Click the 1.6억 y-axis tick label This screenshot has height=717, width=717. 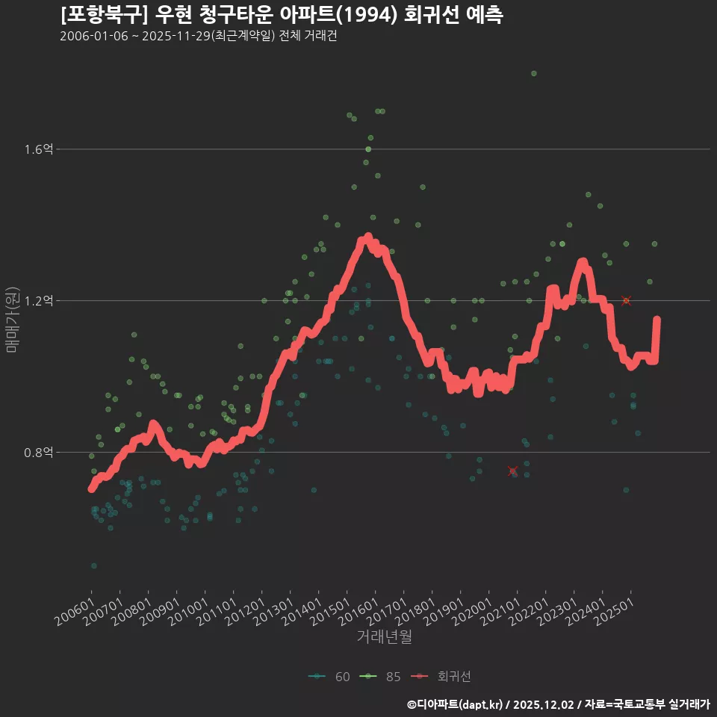(x=38, y=149)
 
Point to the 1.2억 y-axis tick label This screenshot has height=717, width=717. (x=38, y=301)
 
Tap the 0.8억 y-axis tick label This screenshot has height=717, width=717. (x=38, y=453)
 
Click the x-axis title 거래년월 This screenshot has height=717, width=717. (x=385, y=636)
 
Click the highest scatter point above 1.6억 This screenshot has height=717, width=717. (x=533, y=73)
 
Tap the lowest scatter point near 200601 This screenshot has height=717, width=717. (x=93, y=565)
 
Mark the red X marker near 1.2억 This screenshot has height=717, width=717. (x=626, y=300)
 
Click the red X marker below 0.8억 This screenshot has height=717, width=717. (x=512, y=470)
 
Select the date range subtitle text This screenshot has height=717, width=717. (x=198, y=37)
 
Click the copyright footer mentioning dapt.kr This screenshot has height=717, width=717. (x=558, y=704)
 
